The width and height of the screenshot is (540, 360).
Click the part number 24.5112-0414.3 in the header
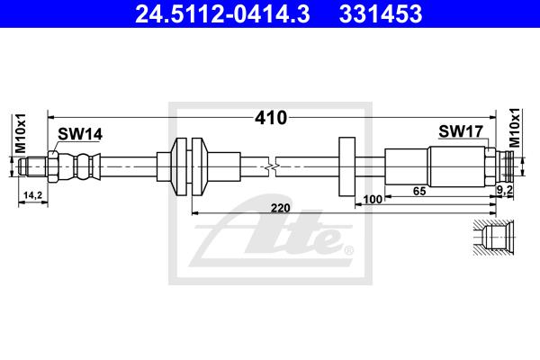pos(222,13)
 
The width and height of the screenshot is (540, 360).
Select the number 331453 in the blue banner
pos(381,13)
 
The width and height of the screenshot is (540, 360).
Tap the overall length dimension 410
pos(271,118)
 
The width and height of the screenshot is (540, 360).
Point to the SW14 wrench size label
pos(80,134)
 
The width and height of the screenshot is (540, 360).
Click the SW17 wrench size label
pos(461,130)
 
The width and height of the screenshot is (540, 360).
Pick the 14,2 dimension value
pos(32,195)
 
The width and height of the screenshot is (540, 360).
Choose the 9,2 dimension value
pos(505,189)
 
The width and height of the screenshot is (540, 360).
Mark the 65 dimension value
pos(419,191)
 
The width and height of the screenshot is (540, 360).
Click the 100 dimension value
pos(373,199)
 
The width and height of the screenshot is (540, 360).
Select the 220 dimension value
pos(280,208)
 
